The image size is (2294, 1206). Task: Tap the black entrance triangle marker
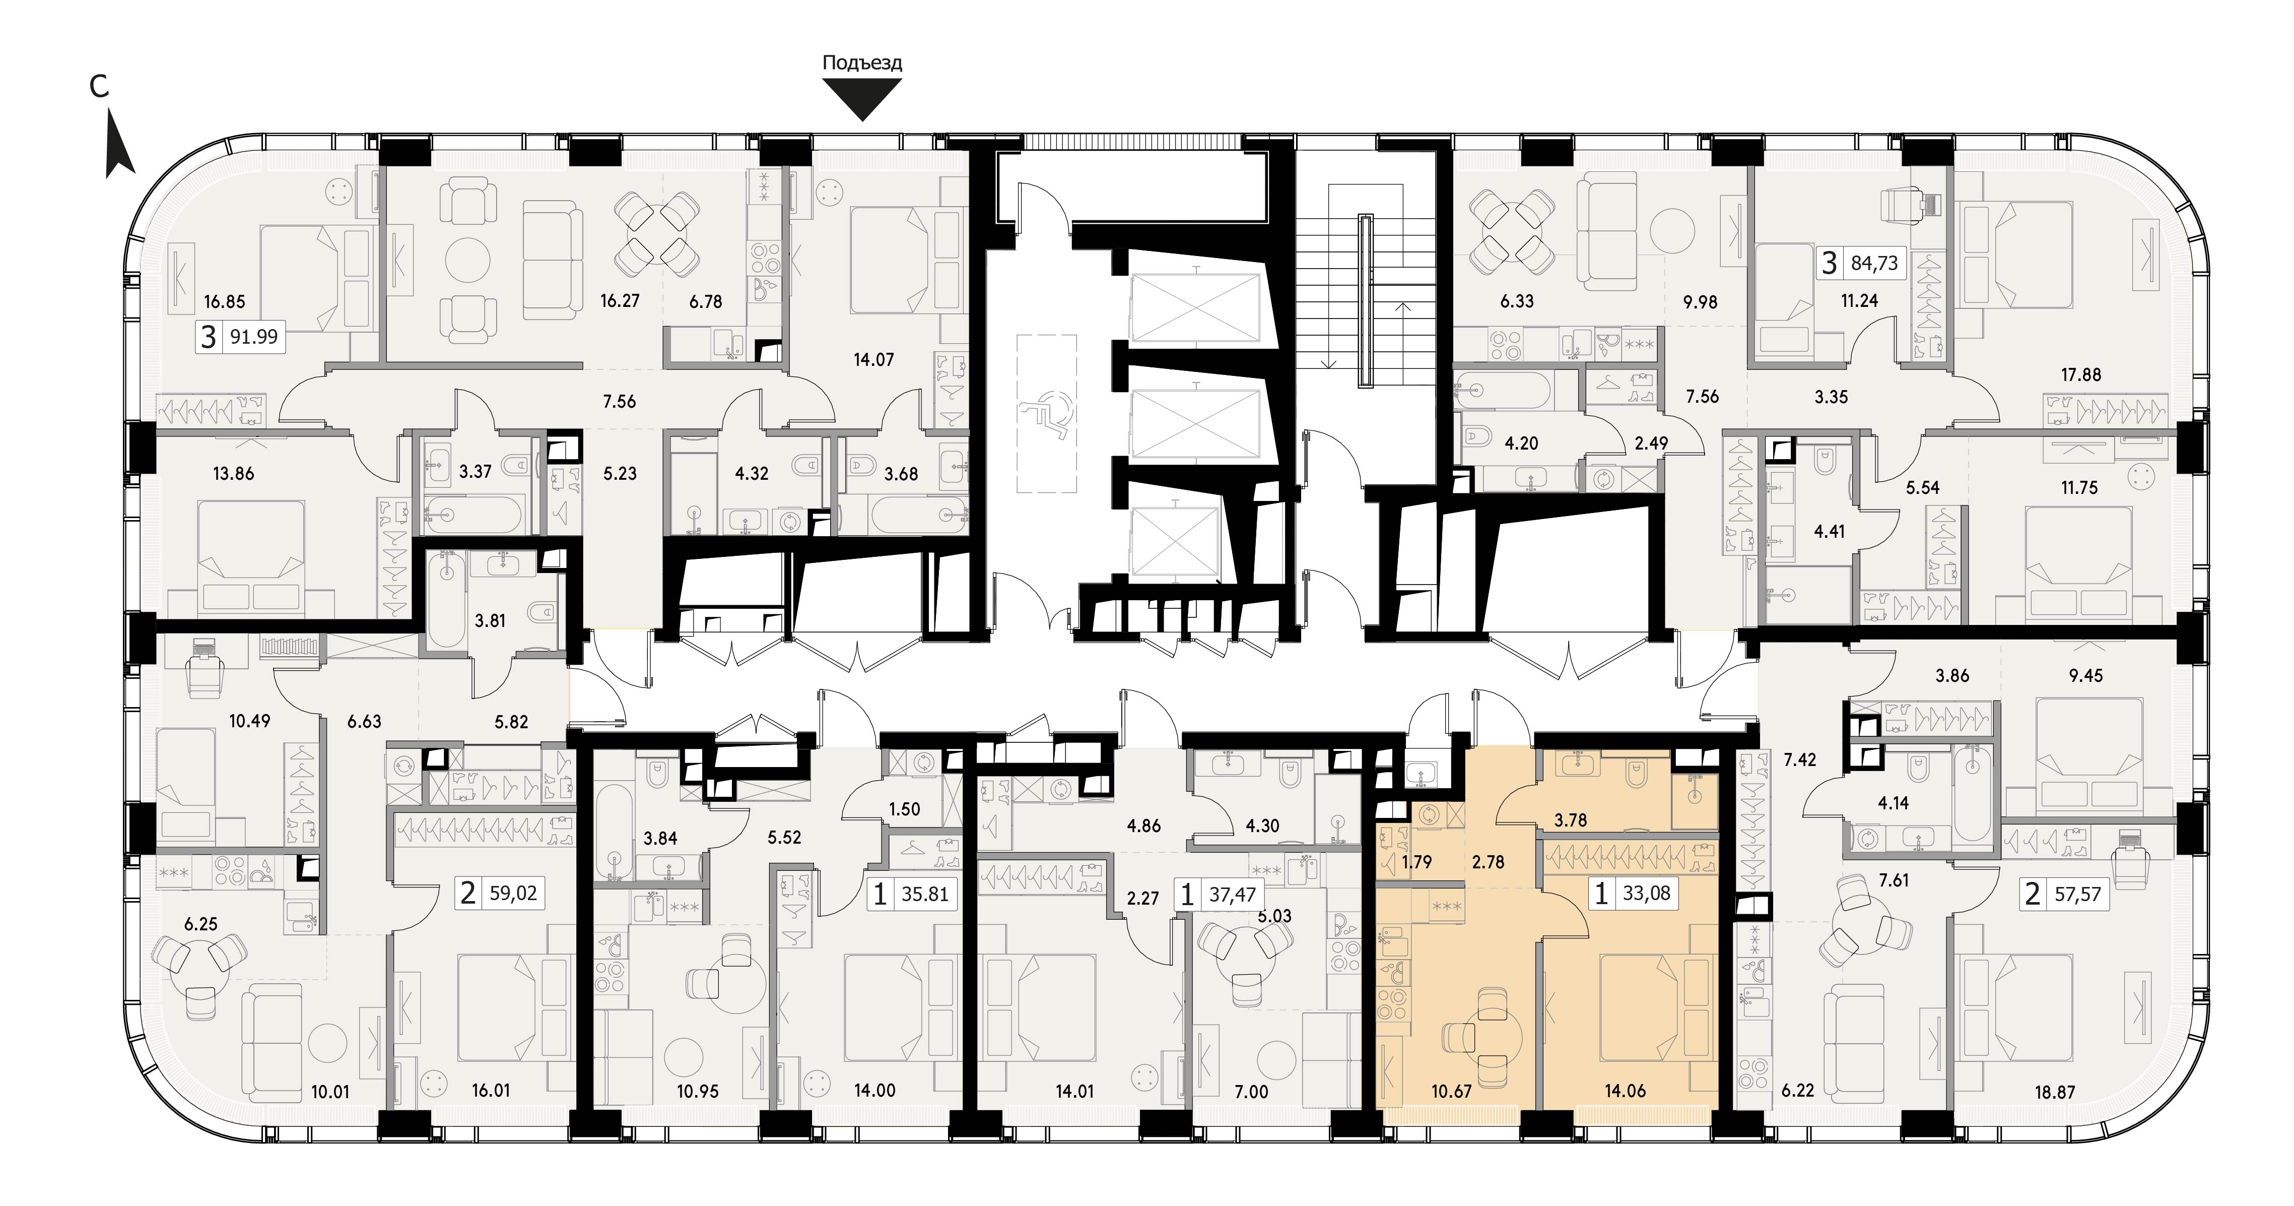point(862,97)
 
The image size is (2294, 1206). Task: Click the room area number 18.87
point(2054,1092)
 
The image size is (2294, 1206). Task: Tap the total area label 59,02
point(513,893)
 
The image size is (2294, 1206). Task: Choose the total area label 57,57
point(2077,894)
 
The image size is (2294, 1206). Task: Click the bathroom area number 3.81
point(490,621)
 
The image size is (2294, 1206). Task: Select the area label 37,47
point(1233,894)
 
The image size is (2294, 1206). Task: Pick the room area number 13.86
point(233,474)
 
